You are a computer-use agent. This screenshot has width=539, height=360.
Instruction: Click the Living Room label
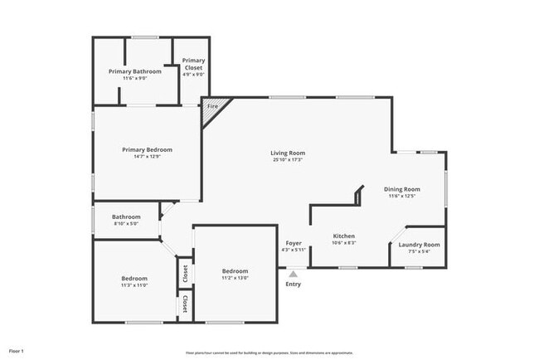tap(288, 153)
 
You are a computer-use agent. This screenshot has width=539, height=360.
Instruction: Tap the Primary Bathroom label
tap(135, 71)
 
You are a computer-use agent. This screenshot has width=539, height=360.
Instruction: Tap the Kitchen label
tap(344, 236)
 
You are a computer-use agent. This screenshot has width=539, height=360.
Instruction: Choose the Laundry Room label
tap(419, 245)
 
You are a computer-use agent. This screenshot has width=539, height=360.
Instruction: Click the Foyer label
tap(294, 242)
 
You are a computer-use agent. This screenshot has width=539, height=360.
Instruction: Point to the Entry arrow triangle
tap(293, 273)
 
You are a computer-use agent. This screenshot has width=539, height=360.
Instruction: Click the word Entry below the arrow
tap(294, 285)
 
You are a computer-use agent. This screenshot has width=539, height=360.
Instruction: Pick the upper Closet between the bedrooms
tap(185, 272)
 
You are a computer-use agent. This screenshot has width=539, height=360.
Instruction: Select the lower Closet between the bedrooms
tap(185, 304)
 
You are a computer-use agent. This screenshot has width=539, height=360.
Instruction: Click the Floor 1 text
tap(17, 351)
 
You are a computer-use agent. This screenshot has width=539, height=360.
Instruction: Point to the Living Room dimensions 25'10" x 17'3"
tap(288, 160)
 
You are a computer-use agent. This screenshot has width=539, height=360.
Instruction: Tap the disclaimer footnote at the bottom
tap(269, 352)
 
